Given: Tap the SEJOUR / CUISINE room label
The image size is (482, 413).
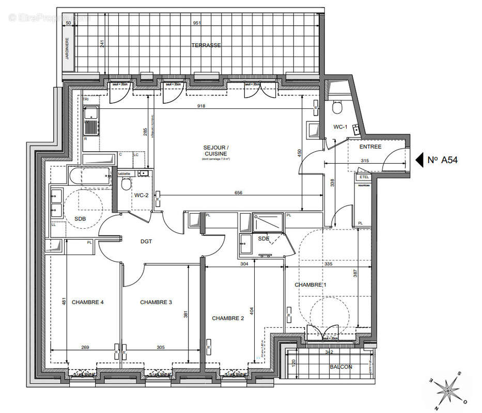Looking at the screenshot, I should pyautogui.click(x=216, y=151).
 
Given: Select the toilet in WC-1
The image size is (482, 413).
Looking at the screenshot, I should pyautogui.click(x=337, y=107).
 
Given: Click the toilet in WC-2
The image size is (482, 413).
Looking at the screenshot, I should pyautogui.click(x=126, y=184).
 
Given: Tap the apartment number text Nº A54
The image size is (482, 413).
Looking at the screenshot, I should pyautogui.click(x=443, y=160).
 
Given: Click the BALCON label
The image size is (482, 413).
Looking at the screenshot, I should pyautogui.click(x=341, y=367).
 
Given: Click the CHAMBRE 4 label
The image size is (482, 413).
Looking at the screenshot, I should pyautogui.click(x=88, y=303).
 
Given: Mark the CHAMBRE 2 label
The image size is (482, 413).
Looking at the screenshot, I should pyautogui.click(x=228, y=319).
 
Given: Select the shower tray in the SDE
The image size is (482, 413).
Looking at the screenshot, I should pyautogui.click(x=268, y=223).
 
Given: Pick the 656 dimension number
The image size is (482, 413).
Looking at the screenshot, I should pyautogui.click(x=238, y=193).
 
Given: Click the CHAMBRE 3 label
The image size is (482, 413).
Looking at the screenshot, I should pyautogui.click(x=156, y=303).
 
